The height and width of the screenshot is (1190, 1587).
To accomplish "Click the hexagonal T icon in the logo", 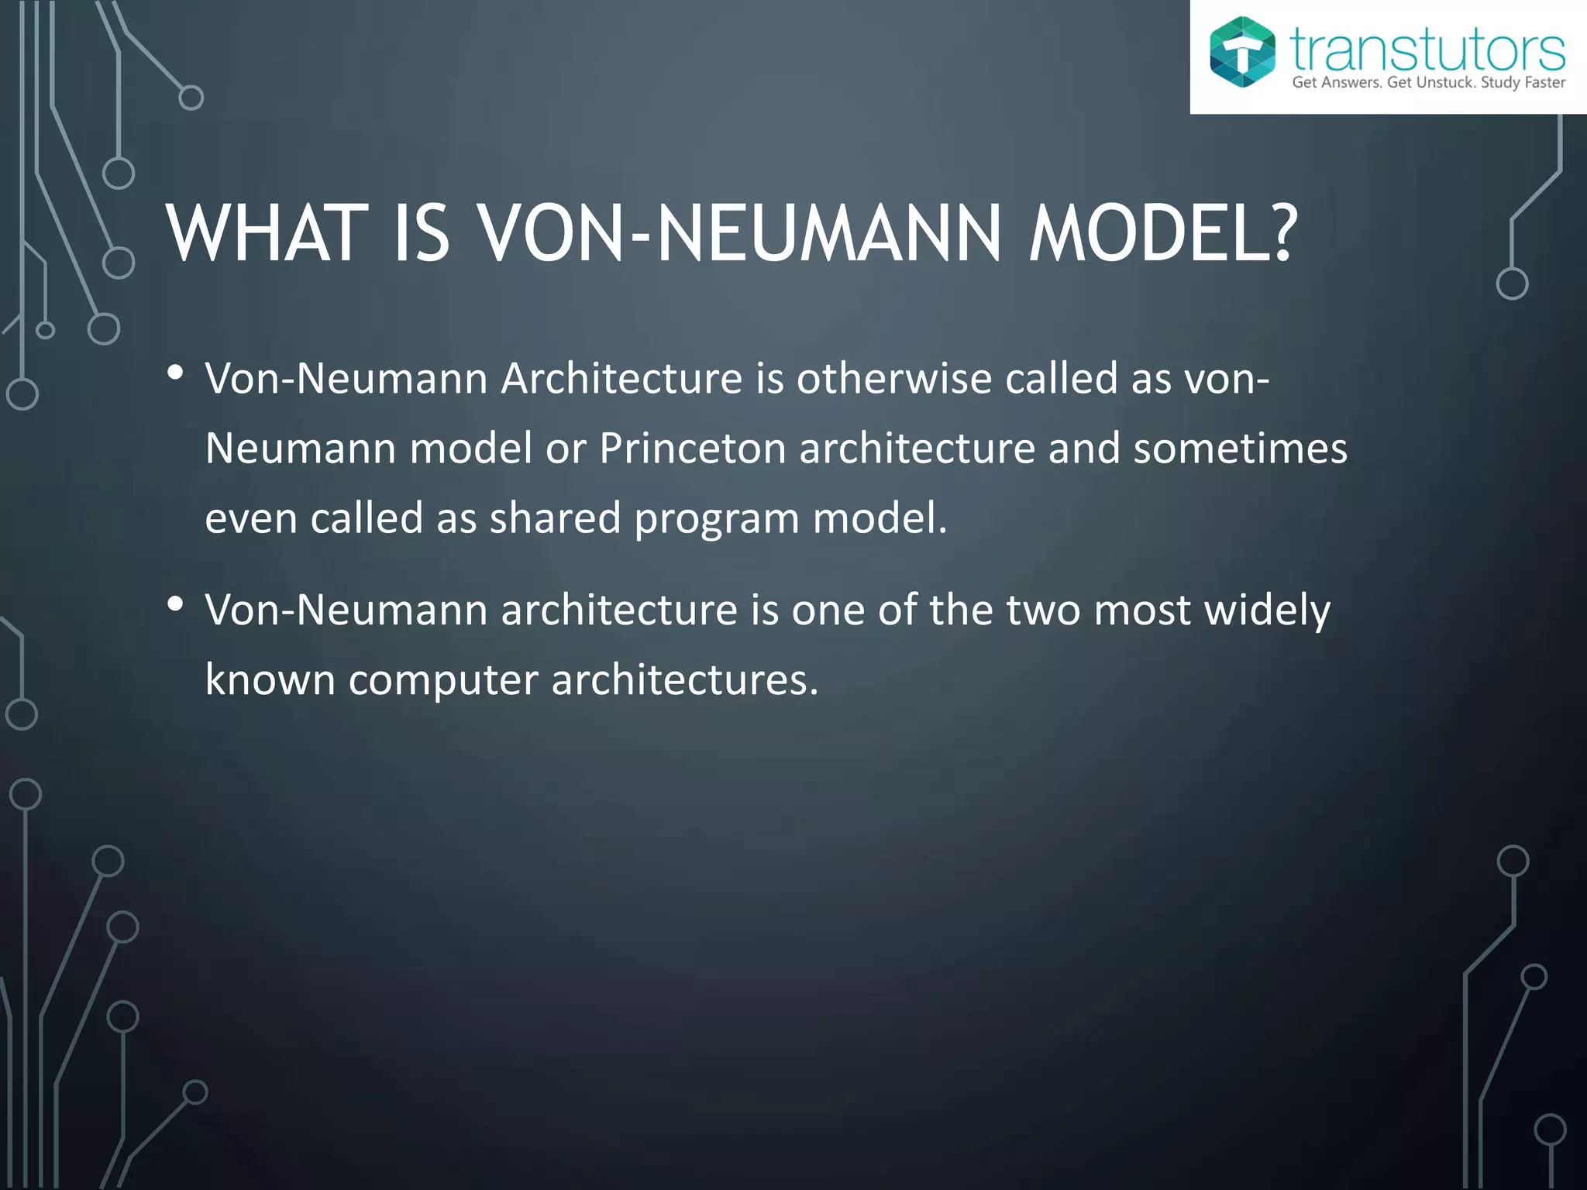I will click(x=1242, y=51).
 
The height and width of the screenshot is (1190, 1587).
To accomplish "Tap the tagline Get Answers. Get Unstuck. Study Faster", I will click(x=1428, y=83).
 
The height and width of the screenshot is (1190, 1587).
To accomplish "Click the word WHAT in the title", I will click(x=267, y=233).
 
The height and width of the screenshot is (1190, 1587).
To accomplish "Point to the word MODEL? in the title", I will click(x=1162, y=233).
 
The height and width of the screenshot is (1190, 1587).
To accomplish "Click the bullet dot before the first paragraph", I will click(x=175, y=373).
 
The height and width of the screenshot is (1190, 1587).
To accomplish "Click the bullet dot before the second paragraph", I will click(x=175, y=604).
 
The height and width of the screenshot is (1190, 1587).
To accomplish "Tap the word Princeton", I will click(x=692, y=449).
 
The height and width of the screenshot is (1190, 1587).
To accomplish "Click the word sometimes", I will click(x=1240, y=449).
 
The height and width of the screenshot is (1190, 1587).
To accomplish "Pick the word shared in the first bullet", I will click(x=555, y=518).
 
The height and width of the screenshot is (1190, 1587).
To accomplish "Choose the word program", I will click(x=717, y=519).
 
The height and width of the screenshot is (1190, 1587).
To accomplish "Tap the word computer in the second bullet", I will click(x=442, y=679).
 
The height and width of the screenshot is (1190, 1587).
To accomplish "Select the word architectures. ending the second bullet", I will click(x=684, y=679).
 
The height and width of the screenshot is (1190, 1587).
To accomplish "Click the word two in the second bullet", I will click(x=1043, y=610).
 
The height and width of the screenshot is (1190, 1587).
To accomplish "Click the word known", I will click(x=270, y=679).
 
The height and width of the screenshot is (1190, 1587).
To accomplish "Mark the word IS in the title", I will click(x=422, y=233).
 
